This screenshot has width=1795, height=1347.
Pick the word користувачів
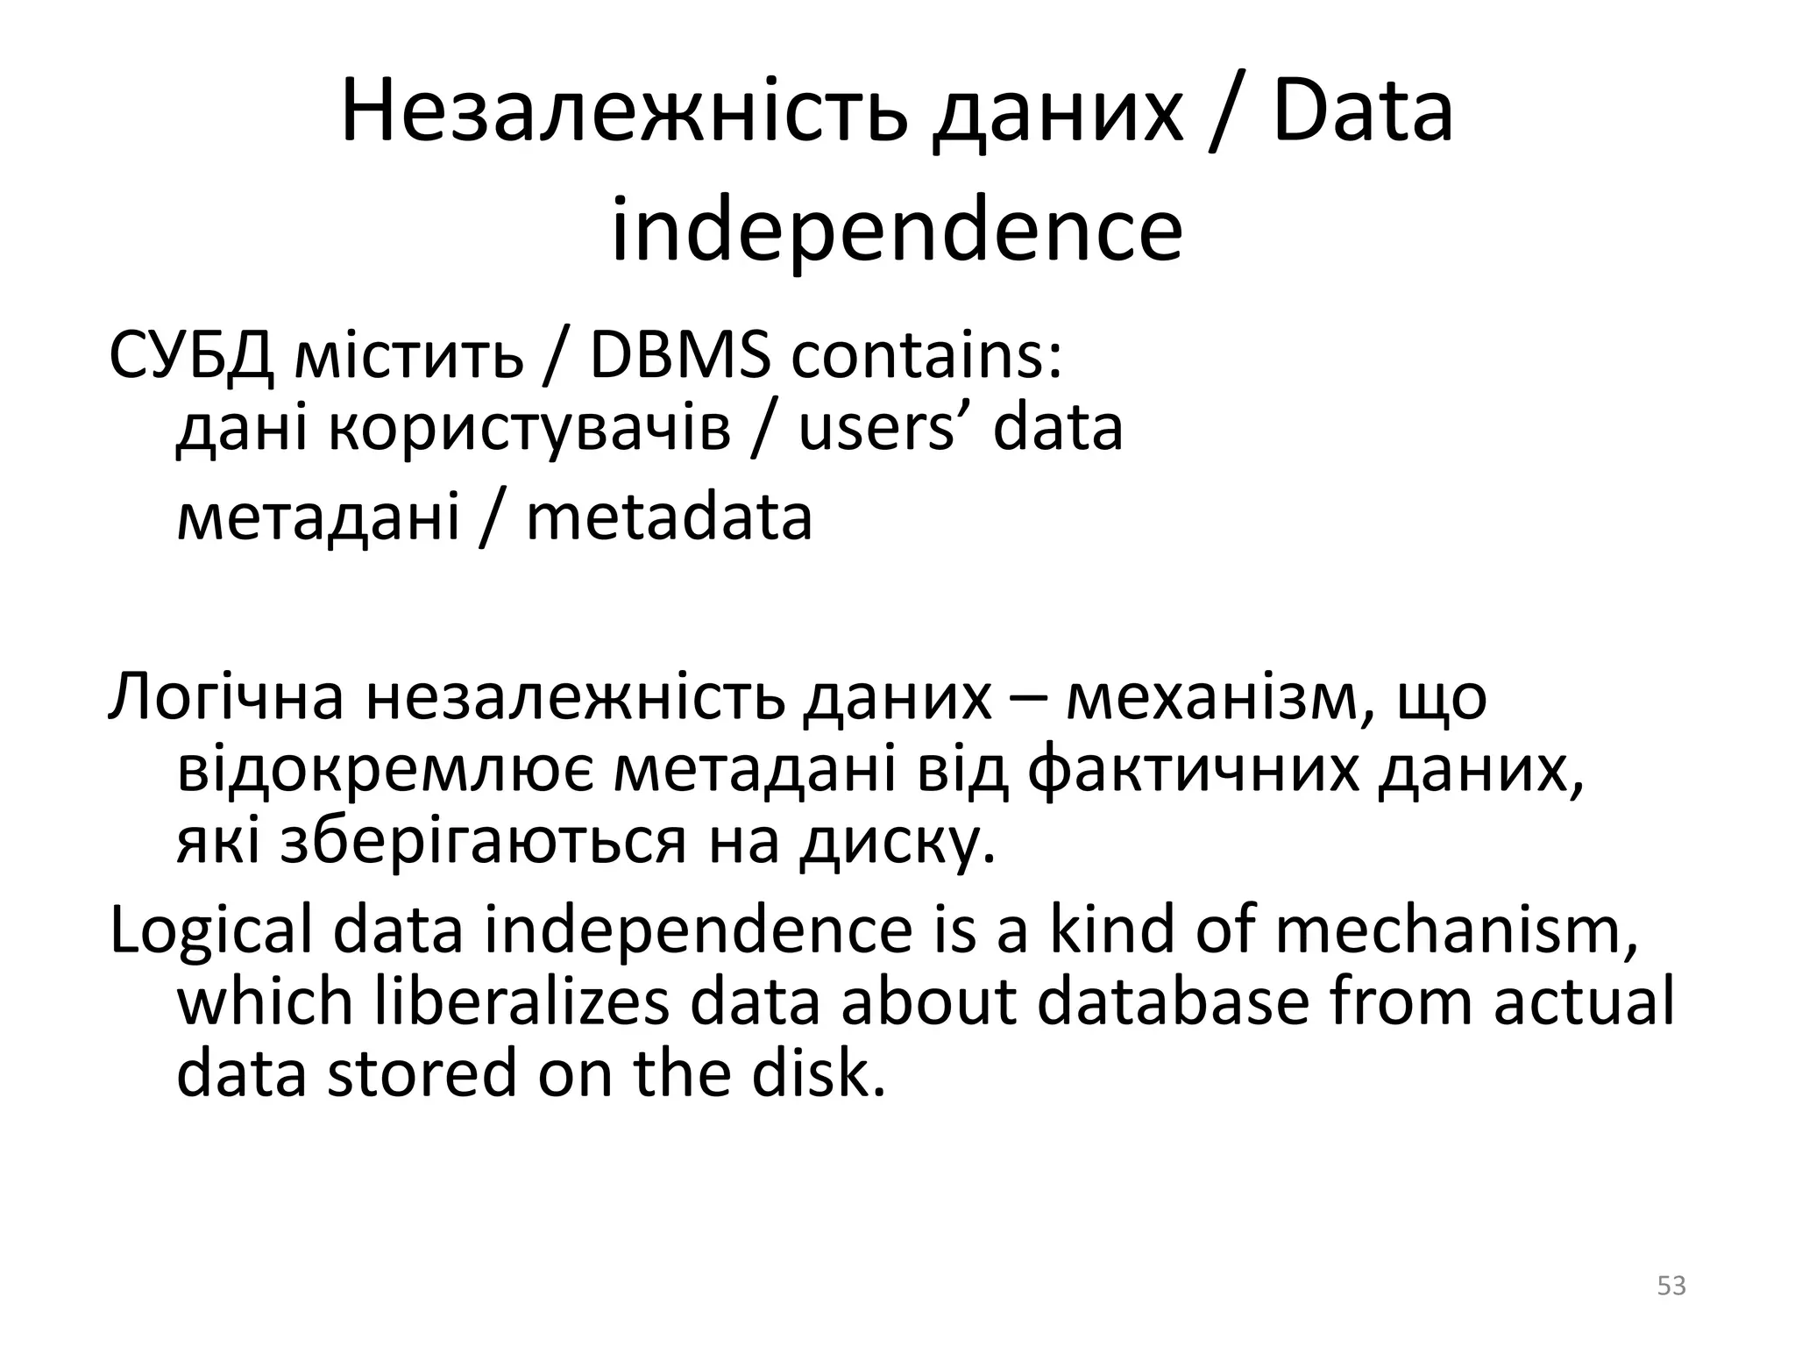(x=529, y=429)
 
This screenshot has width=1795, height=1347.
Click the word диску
(x=897, y=842)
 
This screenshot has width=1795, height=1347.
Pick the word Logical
(x=210, y=931)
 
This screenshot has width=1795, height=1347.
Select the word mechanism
(x=1456, y=931)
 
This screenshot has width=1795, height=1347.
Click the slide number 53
(x=1671, y=1286)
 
